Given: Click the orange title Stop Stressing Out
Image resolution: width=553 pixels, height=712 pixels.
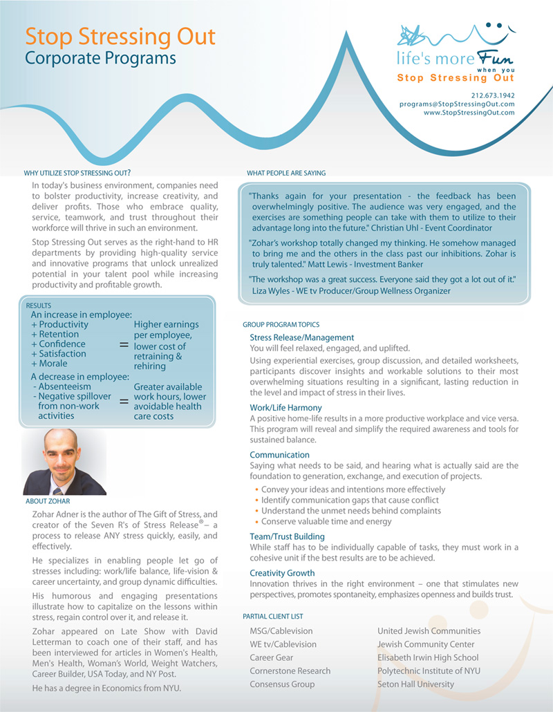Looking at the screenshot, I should (x=120, y=37).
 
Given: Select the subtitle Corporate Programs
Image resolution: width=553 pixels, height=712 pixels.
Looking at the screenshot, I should (x=100, y=58).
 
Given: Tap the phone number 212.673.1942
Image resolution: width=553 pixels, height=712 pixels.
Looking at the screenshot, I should (x=493, y=95).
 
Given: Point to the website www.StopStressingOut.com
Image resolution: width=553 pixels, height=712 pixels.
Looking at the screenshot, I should (x=469, y=112).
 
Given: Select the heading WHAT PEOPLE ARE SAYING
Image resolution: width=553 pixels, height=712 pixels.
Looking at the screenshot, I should (x=286, y=173).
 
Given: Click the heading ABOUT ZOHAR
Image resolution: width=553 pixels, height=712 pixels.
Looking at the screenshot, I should (x=48, y=500).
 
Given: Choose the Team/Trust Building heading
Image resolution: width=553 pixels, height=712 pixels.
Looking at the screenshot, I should (x=287, y=536).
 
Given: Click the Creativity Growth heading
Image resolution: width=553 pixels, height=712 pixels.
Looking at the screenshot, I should (x=282, y=573).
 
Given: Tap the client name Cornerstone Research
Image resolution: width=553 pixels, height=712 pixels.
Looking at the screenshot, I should (x=290, y=671).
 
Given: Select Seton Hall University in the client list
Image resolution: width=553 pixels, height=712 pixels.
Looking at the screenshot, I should (x=415, y=684).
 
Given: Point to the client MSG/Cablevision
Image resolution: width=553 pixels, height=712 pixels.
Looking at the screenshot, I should (x=281, y=631).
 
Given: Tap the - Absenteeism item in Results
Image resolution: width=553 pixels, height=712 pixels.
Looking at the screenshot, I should (x=60, y=386).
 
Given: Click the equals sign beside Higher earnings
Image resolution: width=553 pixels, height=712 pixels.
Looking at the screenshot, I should (x=124, y=344).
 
